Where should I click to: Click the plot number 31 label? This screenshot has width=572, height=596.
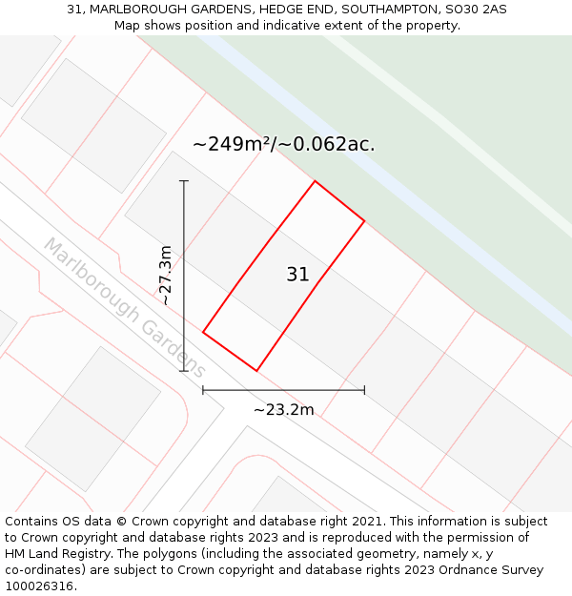[297, 275]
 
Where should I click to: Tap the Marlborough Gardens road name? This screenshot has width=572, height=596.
[124, 307]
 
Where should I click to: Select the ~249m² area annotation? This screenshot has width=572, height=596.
[283, 145]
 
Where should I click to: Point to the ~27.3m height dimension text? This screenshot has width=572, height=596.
[165, 276]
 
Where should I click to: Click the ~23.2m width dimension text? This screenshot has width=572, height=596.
[283, 409]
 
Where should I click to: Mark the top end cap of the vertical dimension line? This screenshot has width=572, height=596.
[184, 180]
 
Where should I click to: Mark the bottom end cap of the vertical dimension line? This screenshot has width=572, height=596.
[184, 371]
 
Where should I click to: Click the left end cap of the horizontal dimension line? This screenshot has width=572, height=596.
[203, 389]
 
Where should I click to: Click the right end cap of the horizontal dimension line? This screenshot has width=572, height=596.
[364, 389]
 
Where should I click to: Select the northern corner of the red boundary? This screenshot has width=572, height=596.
[315, 181]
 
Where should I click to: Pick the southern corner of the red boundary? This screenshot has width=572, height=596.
[256, 370]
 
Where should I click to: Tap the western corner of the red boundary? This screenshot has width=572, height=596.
[203, 332]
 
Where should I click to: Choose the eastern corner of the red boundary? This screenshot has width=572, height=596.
[364, 221]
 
